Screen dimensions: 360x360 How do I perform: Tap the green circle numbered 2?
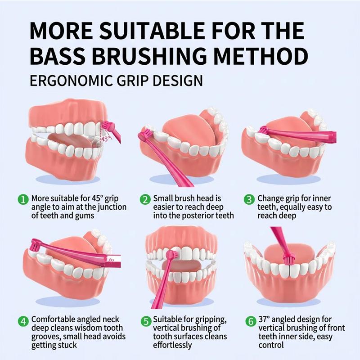tap(145, 198)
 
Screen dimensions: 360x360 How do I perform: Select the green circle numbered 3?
tap(249, 198)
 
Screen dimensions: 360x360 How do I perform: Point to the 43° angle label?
tap(106, 139)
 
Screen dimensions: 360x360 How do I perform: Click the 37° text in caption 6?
tap(265, 319)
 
